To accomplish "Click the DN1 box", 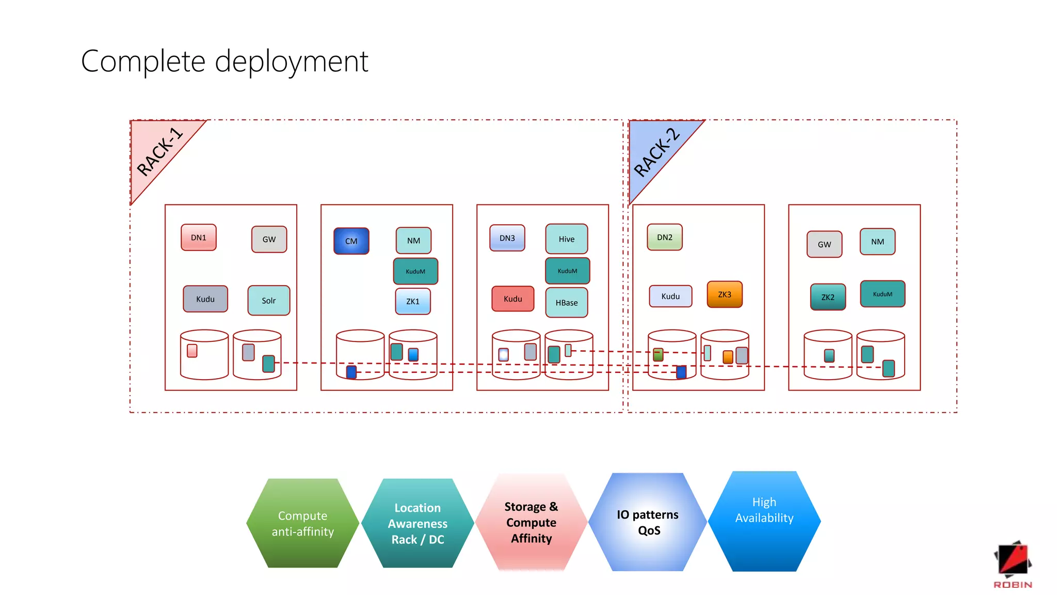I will pyautogui.click(x=198, y=238).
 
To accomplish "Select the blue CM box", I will pyautogui.click(x=351, y=241).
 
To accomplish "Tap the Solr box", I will pyautogui.click(x=268, y=301).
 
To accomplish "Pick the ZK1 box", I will pyautogui.click(x=412, y=302).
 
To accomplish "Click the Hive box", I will pyautogui.click(x=566, y=239).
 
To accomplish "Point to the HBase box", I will pyautogui.click(x=566, y=303).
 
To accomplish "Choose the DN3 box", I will pyautogui.click(x=507, y=238).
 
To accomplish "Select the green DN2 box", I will pyautogui.click(x=664, y=238).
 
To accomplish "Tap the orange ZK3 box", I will pyautogui.click(x=724, y=294).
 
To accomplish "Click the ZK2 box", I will pyautogui.click(x=827, y=297).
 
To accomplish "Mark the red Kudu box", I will pyautogui.click(x=513, y=299).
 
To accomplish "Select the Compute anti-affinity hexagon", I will pyautogui.click(x=302, y=523).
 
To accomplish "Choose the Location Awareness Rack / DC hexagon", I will pyautogui.click(x=418, y=523).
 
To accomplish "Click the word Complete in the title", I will pyautogui.click(x=143, y=61).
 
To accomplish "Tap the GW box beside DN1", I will pyautogui.click(x=269, y=240).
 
